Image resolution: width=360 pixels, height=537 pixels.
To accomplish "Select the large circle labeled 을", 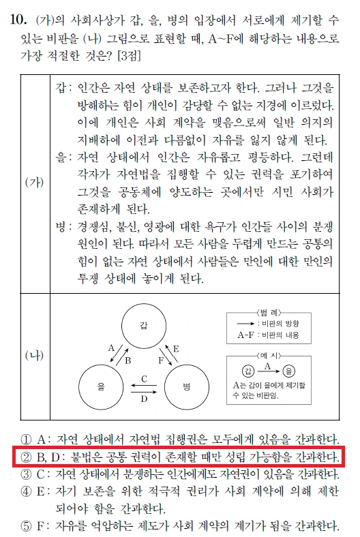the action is (x=100, y=386).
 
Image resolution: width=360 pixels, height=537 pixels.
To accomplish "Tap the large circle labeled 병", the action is (x=186, y=386).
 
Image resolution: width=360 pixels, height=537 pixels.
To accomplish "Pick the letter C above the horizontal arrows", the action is (x=144, y=378).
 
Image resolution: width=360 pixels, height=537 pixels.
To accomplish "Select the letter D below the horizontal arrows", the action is (x=144, y=400).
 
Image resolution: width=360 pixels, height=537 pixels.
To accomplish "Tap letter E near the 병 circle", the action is (x=175, y=348).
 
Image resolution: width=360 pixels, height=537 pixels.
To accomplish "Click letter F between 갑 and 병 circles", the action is (x=160, y=359).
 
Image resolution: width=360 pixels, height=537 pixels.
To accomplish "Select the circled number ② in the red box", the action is (x=27, y=457).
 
